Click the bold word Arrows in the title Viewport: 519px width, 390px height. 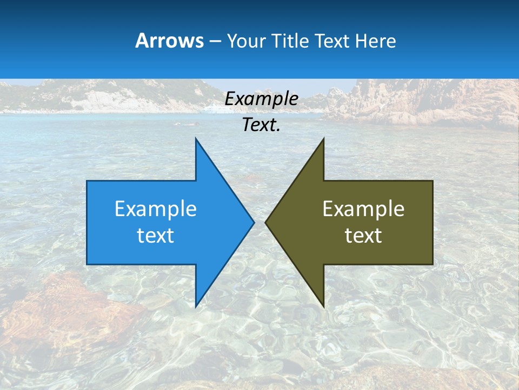169,41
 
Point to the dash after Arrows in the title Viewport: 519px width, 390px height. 215,41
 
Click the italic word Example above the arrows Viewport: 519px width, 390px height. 261,99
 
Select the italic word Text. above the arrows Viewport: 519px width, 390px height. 261,125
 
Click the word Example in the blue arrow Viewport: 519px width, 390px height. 155,209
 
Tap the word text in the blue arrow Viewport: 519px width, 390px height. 155,236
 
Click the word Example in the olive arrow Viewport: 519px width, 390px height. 363,209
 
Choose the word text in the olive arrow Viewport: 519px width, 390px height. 363,236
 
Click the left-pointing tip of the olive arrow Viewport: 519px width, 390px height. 266,222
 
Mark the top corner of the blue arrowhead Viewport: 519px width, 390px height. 196,139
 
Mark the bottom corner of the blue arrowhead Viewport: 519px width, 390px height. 196,306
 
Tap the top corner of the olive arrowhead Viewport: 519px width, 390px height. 323,139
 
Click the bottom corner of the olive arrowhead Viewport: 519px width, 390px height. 323,307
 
